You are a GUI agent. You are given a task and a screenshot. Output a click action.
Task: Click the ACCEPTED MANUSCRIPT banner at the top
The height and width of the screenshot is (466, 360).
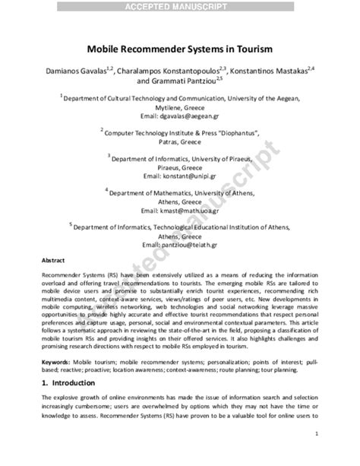(x=179, y=6)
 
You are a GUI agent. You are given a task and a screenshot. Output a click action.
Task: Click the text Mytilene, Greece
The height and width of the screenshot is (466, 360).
(x=179, y=107)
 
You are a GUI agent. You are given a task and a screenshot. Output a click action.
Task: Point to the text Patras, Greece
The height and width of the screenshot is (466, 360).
(x=179, y=141)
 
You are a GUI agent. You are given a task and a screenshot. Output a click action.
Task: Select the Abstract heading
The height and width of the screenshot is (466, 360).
(x=52, y=261)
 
